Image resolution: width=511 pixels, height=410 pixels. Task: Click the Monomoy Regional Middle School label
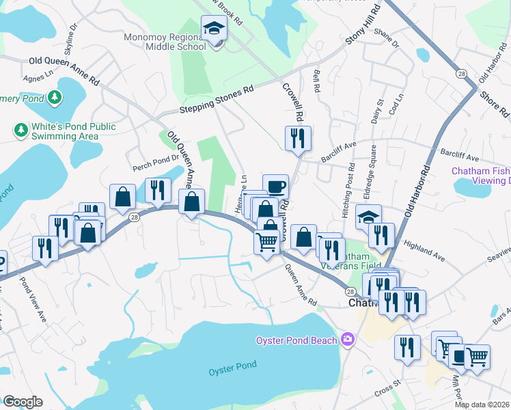pos(165,42)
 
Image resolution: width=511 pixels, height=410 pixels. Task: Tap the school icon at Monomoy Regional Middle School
pos(214,29)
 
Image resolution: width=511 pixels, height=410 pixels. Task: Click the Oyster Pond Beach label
pos(296,340)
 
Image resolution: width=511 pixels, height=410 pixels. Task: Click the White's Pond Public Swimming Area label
pos(66,131)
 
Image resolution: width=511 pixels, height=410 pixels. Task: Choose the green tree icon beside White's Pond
pos(21,129)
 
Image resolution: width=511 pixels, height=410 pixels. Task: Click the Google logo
pos(22,401)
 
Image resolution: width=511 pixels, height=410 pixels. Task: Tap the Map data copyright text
pos(482,405)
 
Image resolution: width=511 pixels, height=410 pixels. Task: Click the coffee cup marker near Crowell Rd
pos(275,187)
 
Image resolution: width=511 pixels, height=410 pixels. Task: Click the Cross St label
pos(387,387)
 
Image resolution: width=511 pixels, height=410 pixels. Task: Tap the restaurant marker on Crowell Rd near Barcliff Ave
pos(298,138)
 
